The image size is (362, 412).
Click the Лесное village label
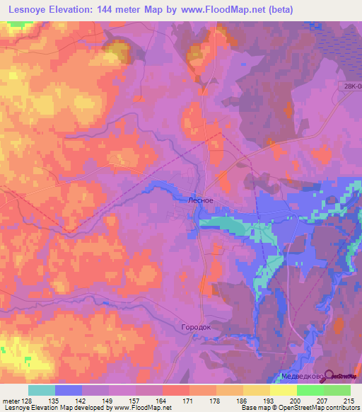pyautogui.click(x=200, y=200)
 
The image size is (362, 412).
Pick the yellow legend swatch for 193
pyautogui.click(x=257, y=390)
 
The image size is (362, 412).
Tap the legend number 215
pyautogui.click(x=347, y=401)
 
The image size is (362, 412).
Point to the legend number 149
pyautogui.click(x=107, y=401)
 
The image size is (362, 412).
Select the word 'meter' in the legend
pyautogui.click(x=11, y=401)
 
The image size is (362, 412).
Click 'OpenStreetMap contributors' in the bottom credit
pyautogui.click(x=317, y=408)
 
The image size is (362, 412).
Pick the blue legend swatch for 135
pyautogui.click(x=68, y=390)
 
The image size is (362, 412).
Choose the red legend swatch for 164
pyautogui.click(x=176, y=390)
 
